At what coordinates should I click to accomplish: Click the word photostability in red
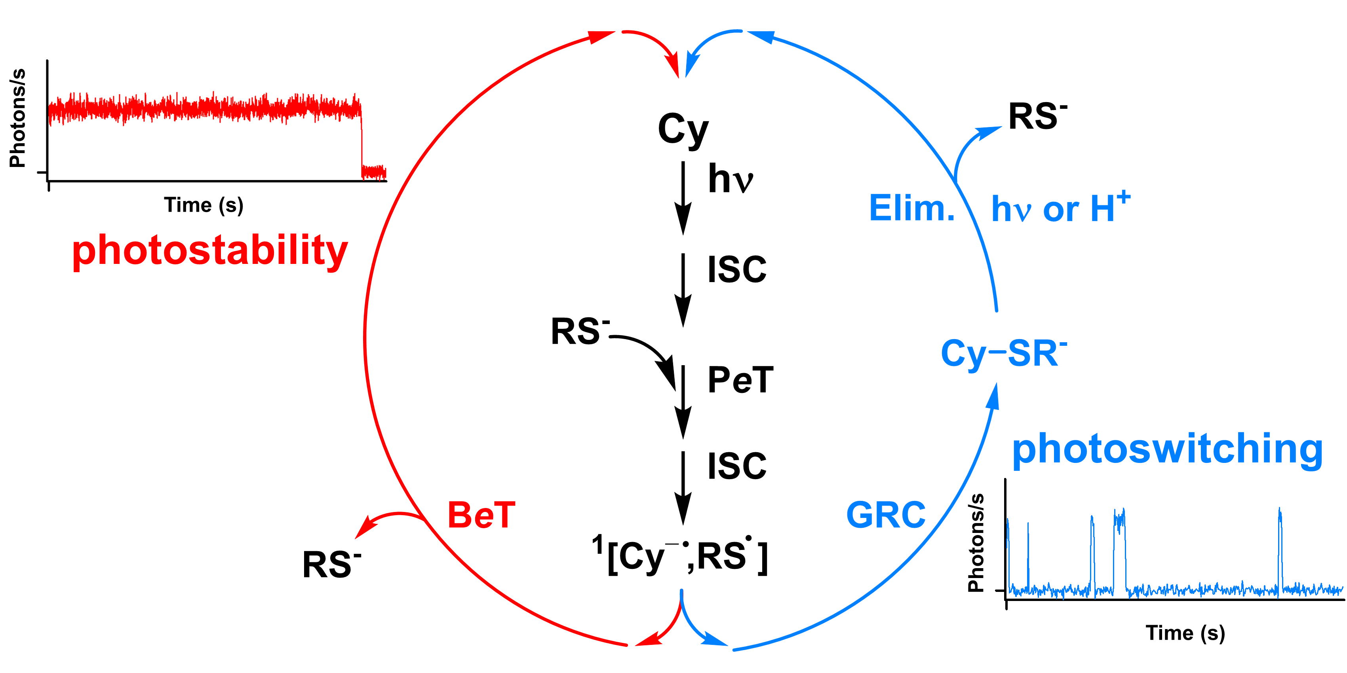210,251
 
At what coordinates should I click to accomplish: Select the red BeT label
481,515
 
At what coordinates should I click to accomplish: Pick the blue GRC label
886,515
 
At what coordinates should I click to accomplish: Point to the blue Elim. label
911,209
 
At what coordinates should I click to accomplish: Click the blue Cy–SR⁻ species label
1003,354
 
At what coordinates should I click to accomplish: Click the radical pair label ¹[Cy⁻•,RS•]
680,556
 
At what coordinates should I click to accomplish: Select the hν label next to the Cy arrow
731,179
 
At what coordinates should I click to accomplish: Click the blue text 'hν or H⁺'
1060,209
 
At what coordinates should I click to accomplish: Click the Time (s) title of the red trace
204,205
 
